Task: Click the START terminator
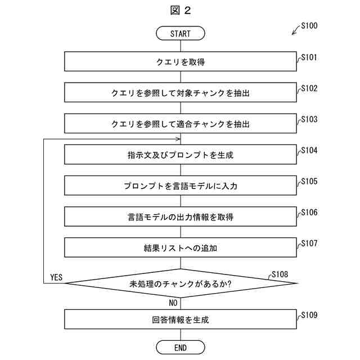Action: pyautogui.click(x=180, y=34)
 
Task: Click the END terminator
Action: pyautogui.click(x=180, y=348)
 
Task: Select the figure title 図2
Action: pyautogui.click(x=180, y=10)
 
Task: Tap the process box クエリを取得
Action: pyautogui.click(x=180, y=62)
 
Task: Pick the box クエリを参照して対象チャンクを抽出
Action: pyautogui.click(x=180, y=93)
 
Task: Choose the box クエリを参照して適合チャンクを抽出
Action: pyautogui.click(x=180, y=124)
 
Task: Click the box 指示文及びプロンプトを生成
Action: pyautogui.click(x=180, y=155)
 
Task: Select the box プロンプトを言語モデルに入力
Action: pyautogui.click(x=180, y=185)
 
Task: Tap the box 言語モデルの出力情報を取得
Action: pyautogui.click(x=180, y=217)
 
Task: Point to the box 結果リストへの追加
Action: pyautogui.click(x=180, y=247)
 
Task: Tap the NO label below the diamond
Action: pyautogui.click(x=173, y=303)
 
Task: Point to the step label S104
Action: pyautogui.click(x=309, y=150)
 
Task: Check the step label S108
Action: pyautogui.click(x=280, y=274)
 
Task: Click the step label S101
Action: pyautogui.click(x=309, y=57)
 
